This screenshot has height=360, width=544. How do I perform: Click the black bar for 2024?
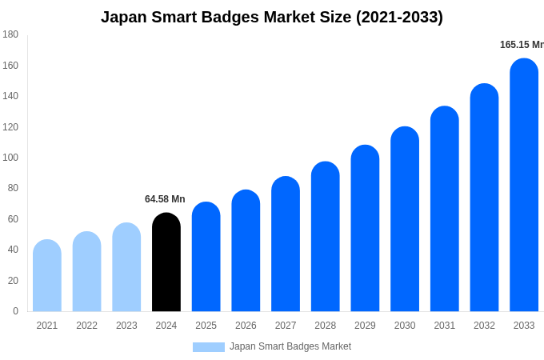(x=166, y=262)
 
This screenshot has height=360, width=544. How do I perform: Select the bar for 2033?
(x=524, y=186)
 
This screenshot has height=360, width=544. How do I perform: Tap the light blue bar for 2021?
(x=47, y=276)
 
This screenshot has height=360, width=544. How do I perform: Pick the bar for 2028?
(x=326, y=237)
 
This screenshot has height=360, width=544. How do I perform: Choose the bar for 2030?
(x=405, y=219)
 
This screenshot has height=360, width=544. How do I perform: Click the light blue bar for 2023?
(x=126, y=267)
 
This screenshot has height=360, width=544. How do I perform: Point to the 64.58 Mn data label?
(x=165, y=199)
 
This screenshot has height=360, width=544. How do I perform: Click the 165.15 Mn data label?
(x=522, y=45)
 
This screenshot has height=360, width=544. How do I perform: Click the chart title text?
(x=272, y=17)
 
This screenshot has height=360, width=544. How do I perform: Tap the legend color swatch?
(x=208, y=347)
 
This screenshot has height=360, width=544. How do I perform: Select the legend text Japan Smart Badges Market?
(x=290, y=346)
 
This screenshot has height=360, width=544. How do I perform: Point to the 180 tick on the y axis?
(x=10, y=34)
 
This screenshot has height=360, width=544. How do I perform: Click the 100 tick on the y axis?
(x=10, y=158)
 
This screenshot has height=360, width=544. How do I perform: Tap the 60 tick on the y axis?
(x=13, y=219)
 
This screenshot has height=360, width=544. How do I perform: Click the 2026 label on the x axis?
(x=246, y=326)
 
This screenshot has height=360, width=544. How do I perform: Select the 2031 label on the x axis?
(x=445, y=326)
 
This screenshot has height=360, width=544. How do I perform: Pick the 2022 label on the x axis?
(x=86, y=326)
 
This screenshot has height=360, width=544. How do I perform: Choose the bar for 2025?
(x=206, y=257)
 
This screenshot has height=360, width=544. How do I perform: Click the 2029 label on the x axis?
(x=365, y=326)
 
